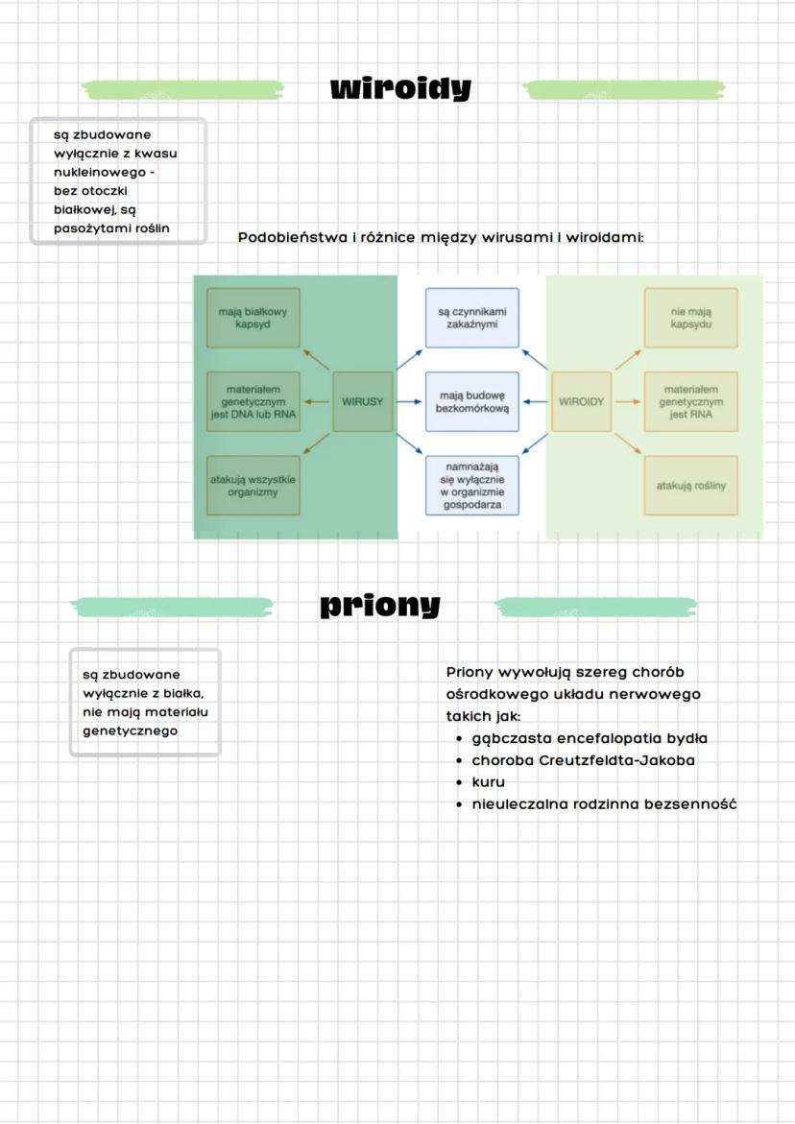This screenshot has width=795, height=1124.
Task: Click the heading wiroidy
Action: point(400,89)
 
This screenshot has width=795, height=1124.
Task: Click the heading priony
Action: point(380,606)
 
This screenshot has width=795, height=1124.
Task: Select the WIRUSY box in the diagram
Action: point(362,401)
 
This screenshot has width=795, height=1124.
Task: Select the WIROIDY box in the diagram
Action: point(582,401)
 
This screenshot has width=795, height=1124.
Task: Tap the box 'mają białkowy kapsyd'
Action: point(253,318)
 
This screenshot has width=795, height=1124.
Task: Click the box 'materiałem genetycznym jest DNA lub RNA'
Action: point(253,401)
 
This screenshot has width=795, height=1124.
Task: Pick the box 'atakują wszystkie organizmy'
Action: point(253,485)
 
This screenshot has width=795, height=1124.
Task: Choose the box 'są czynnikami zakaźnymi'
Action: point(471,318)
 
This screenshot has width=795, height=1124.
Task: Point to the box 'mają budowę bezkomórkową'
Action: point(471,401)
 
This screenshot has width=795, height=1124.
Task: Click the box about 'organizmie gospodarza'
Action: point(471,486)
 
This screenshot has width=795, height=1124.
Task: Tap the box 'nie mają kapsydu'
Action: point(691,318)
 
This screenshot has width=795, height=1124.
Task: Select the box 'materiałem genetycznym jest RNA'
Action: point(691,401)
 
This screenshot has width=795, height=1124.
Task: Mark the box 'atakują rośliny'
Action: point(691,485)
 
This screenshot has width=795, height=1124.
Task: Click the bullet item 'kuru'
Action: point(488,782)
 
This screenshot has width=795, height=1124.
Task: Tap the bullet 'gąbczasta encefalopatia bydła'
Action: point(589,738)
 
